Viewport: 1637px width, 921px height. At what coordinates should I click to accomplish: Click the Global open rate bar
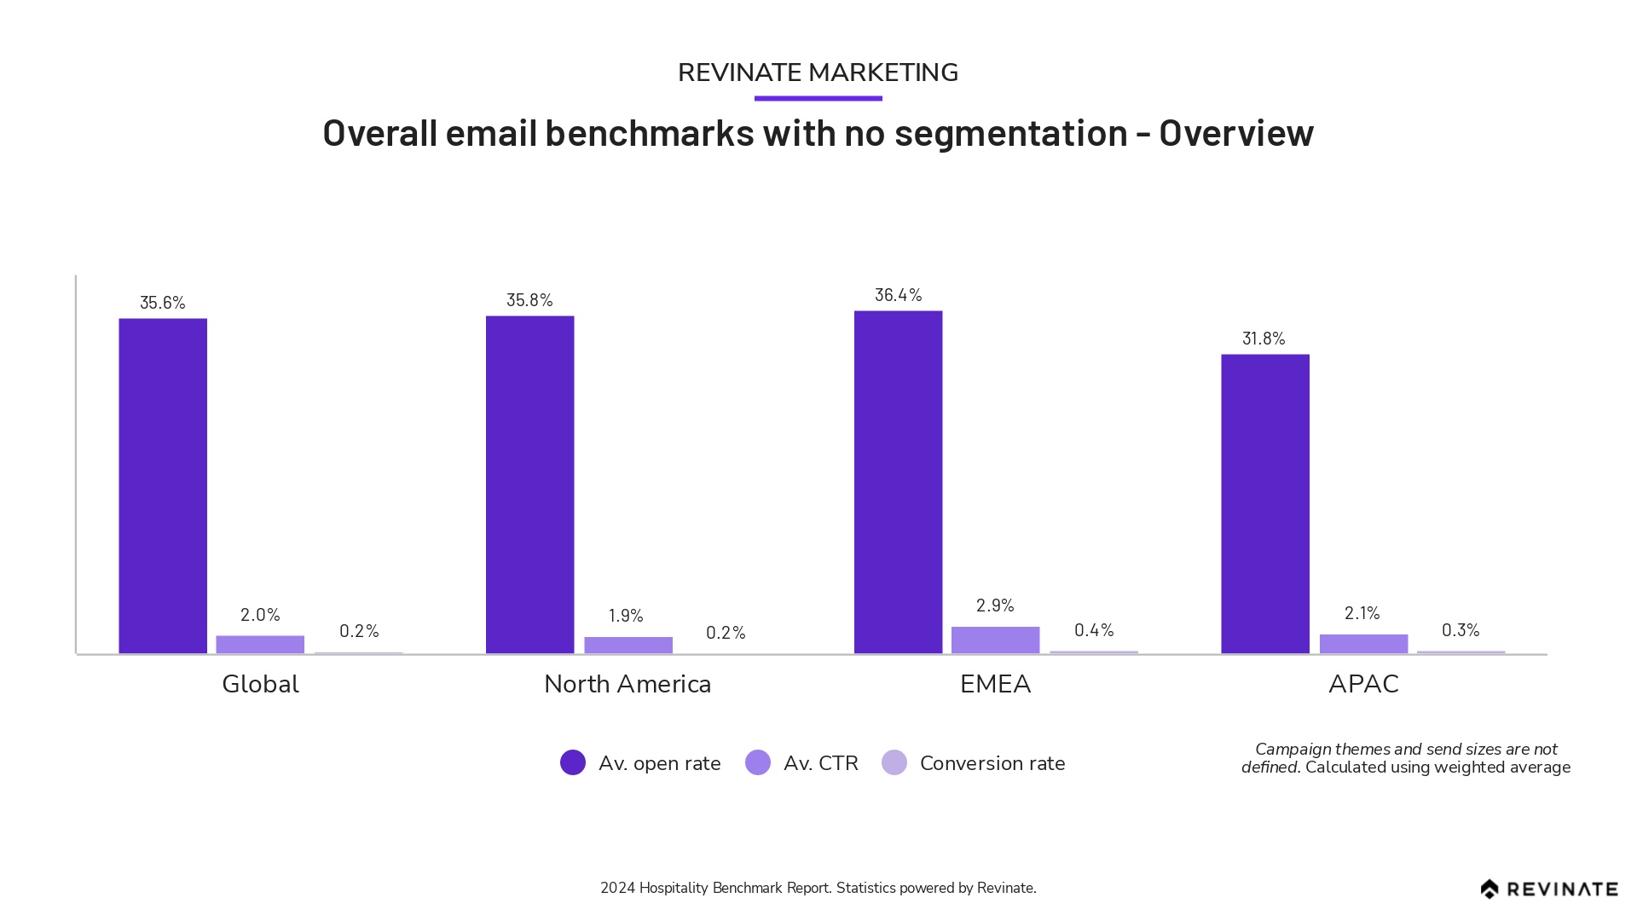(163, 486)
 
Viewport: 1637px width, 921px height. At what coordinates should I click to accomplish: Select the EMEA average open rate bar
(898, 482)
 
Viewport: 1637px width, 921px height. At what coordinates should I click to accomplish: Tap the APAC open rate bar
(1264, 503)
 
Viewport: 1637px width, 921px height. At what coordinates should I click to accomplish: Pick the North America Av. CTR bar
(628, 645)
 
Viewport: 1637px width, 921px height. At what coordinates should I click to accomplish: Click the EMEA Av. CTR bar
(995, 640)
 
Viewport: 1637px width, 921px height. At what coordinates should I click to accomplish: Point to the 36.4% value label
(898, 295)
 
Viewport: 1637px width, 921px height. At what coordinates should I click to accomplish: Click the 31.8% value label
(1264, 339)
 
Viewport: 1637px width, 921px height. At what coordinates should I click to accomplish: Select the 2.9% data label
(995, 605)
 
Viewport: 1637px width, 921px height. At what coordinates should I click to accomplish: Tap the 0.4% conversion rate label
(1094, 630)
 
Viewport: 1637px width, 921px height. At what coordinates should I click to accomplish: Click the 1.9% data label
(626, 616)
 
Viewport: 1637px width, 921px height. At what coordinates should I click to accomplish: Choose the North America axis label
(628, 684)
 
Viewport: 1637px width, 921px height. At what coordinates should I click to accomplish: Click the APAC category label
(1363, 684)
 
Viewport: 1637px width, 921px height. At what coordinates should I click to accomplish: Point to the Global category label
(260, 684)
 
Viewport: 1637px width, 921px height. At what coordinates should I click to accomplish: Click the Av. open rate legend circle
(573, 762)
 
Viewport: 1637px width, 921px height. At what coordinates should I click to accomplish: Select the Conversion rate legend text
(992, 763)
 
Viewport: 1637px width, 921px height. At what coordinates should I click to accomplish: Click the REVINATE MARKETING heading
(818, 72)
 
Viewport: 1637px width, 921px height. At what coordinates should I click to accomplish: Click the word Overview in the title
(1235, 133)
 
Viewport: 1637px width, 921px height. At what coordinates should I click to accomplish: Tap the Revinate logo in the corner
(1548, 889)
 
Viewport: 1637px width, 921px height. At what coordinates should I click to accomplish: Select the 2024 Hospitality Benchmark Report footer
(818, 888)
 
